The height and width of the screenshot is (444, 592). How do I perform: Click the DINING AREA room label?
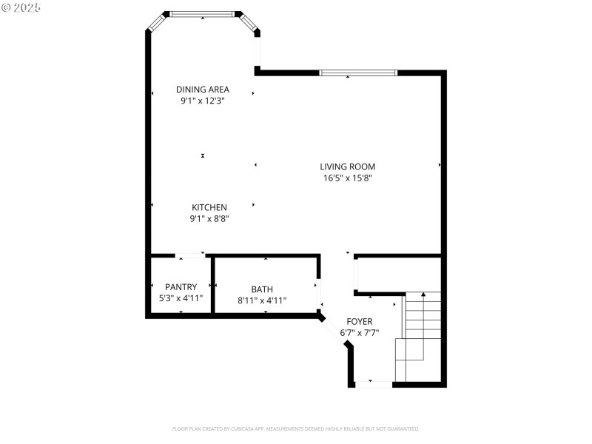(x=202, y=90)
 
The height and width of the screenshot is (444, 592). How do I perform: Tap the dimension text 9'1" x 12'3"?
(x=202, y=101)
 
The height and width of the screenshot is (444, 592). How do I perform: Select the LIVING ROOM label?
(x=347, y=166)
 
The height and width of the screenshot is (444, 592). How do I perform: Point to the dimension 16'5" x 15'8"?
(x=347, y=178)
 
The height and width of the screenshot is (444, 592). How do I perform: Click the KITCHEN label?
(x=209, y=207)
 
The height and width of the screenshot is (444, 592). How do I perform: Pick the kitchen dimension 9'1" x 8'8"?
(x=209, y=218)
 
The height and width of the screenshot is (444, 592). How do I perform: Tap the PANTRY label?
(x=181, y=286)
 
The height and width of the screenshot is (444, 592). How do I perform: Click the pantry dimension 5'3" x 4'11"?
(x=181, y=298)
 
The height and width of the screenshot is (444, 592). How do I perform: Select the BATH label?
(x=262, y=289)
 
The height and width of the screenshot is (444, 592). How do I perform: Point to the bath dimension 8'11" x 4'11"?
(x=262, y=300)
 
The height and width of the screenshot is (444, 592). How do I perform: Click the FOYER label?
(x=360, y=321)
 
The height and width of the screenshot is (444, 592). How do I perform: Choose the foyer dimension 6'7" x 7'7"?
(x=360, y=333)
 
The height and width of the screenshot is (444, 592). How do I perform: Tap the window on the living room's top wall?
(x=358, y=73)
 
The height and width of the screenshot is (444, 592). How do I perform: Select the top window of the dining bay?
(x=202, y=13)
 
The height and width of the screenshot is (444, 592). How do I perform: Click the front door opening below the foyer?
(x=374, y=384)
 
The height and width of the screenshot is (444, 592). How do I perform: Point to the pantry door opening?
(x=191, y=256)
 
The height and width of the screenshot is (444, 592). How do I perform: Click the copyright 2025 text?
(x=21, y=7)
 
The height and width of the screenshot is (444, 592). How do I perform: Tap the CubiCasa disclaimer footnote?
(x=296, y=428)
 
